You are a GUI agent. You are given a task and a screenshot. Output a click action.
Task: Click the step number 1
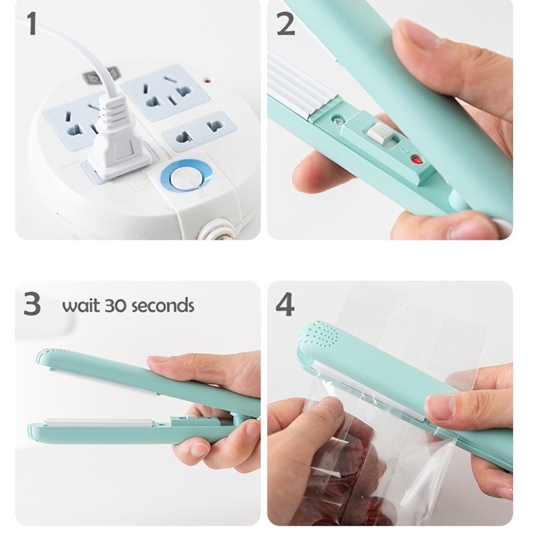point(31,24)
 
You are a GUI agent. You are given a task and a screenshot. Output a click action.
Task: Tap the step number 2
point(285,25)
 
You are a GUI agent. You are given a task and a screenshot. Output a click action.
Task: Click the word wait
point(80,306)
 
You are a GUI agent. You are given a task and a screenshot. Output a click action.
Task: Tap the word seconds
point(162,306)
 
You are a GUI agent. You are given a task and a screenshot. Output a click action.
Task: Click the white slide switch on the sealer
point(379,132)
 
